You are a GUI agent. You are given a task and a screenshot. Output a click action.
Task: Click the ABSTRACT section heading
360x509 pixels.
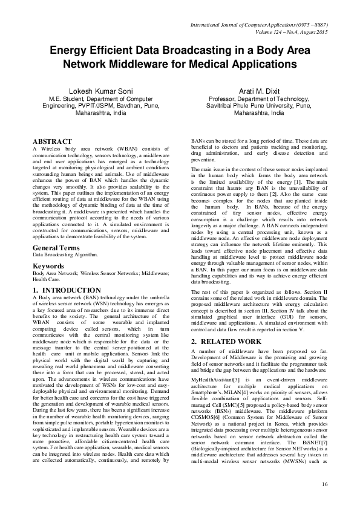52,141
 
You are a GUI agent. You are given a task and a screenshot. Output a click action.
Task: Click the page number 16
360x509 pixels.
324,484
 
